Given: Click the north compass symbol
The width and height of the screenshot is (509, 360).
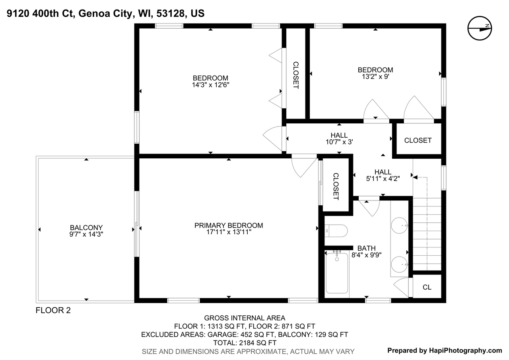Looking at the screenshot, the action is coord(480,28).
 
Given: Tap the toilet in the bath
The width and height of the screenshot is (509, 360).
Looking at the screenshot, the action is coord(336,231).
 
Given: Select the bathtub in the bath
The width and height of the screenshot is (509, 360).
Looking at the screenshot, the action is coord(337,273).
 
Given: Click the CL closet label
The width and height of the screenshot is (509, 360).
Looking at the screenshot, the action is coord(427,287).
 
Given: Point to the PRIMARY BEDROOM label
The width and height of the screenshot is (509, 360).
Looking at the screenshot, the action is coord(229,225).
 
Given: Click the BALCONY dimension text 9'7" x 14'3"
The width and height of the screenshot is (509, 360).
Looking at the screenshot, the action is coord(86,234).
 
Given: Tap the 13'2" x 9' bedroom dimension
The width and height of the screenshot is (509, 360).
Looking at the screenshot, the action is coord(375,77).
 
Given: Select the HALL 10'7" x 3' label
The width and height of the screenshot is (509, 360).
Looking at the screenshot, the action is coord(339,138).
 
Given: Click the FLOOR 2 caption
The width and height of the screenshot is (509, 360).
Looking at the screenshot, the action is coord(53,310).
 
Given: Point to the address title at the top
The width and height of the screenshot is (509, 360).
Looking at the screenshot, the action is coord(106,13).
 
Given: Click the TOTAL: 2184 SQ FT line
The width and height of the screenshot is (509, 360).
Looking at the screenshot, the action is coord(245,343).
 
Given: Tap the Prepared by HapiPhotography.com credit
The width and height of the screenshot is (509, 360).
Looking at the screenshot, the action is coord(445,350).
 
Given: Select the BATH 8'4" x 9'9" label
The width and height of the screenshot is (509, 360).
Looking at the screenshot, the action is coord(366,251).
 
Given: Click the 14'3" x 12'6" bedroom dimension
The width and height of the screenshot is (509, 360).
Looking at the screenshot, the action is coord(210,85).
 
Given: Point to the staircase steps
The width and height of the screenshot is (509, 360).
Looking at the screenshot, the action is coord(427,234).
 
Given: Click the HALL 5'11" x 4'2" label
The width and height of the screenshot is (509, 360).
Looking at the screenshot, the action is coord(383,175).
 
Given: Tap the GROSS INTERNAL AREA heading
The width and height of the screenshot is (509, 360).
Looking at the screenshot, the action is coord(245,318).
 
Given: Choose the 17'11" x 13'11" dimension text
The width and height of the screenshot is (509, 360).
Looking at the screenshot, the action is coord(229,232).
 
